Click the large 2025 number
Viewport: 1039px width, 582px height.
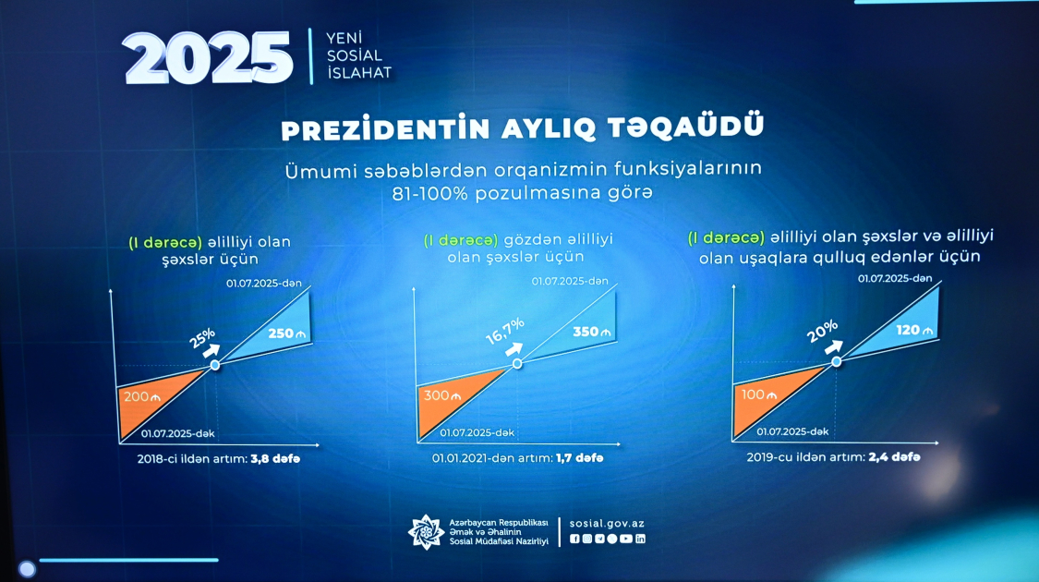208,58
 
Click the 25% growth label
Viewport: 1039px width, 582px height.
202,337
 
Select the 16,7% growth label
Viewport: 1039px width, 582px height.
505,331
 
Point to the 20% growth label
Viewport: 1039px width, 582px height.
822,332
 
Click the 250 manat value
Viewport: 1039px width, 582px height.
287,333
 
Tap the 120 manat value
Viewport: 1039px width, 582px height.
914,330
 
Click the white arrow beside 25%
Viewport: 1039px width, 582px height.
211,351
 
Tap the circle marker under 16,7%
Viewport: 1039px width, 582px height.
517,363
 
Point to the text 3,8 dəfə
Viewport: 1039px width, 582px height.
275,459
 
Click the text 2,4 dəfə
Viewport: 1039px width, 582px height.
894,456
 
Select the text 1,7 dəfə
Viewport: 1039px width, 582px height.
580,457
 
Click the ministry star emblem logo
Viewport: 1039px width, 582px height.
426,532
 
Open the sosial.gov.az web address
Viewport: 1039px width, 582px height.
607,523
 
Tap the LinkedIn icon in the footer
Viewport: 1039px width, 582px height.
640,539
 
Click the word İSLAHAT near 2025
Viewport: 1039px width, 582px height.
359,73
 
